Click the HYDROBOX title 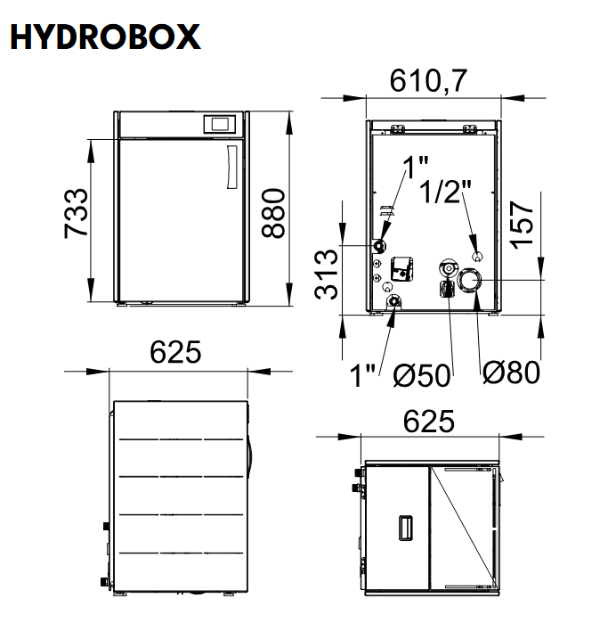point(105,37)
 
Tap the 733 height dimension point(76,213)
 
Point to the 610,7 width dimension point(428,80)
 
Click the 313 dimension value point(327,275)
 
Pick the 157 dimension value point(522,225)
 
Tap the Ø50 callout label point(422,375)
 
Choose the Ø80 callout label point(511,373)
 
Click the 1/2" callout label point(445,191)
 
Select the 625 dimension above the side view point(175,352)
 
